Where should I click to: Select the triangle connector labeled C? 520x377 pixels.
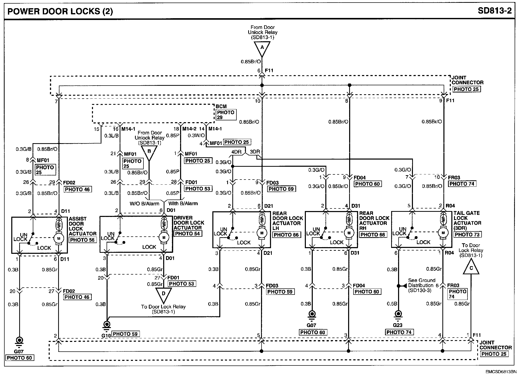[471, 268]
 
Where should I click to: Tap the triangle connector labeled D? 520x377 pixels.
[163, 295]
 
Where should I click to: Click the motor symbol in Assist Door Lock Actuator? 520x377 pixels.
[59, 238]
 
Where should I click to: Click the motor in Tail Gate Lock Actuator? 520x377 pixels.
[443, 233]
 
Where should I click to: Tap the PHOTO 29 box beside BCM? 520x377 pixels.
[226, 115]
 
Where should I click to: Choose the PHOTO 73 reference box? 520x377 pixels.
[467, 234]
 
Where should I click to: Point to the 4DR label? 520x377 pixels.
[236, 152]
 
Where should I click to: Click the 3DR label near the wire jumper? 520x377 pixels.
[255, 152]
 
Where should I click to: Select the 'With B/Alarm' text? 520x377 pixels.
[183, 204]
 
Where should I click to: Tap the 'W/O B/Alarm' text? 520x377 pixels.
[144, 204]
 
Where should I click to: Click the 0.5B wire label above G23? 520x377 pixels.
[392, 304]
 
